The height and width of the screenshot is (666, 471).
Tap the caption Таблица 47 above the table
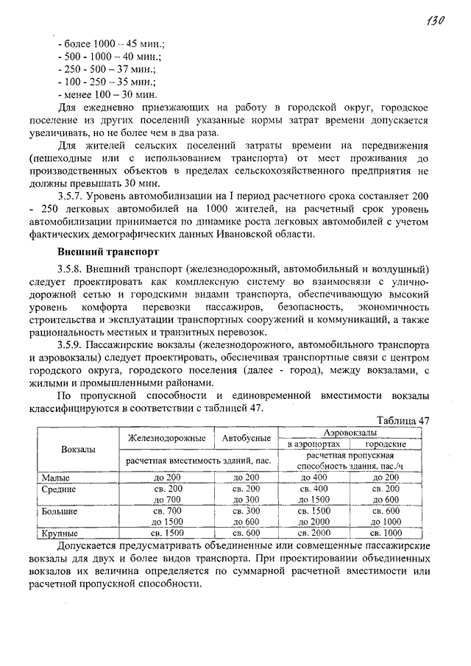click(x=403, y=420)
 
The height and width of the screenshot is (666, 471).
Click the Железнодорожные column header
click(x=166, y=438)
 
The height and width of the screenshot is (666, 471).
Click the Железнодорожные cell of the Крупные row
click(x=167, y=532)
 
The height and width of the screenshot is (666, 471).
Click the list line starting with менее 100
click(x=107, y=95)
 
